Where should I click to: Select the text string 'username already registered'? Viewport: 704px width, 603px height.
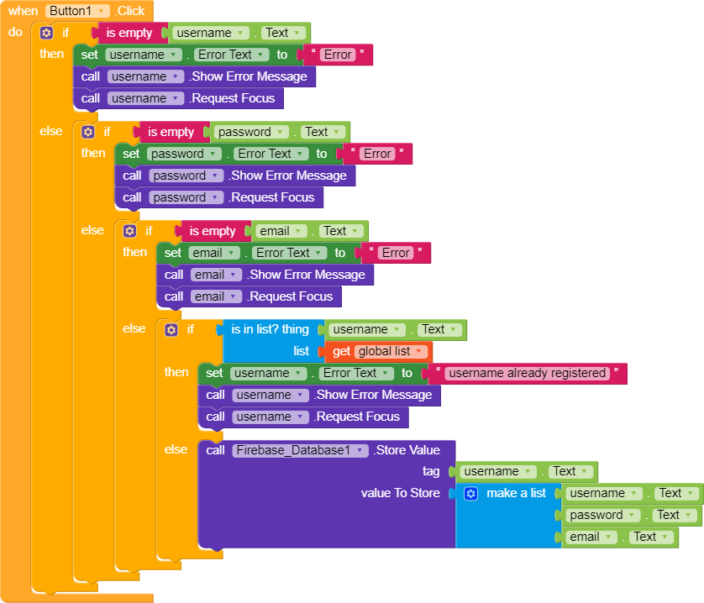pyautogui.click(x=527, y=373)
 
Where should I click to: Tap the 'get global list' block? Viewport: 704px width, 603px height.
pyautogui.click(x=377, y=351)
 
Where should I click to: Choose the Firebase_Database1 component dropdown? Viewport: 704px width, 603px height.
pyautogui.click(x=300, y=450)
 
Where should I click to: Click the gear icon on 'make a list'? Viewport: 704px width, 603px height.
pyautogui.click(x=470, y=494)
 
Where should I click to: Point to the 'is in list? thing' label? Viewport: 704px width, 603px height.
pyautogui.click(x=270, y=329)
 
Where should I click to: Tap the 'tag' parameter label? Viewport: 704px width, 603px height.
pyautogui.click(x=431, y=472)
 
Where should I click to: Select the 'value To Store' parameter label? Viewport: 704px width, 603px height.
pyautogui.click(x=400, y=494)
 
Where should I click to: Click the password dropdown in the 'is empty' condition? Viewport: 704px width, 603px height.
pyautogui.click(x=251, y=132)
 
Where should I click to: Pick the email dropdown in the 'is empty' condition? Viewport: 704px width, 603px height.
pyautogui.click(x=280, y=231)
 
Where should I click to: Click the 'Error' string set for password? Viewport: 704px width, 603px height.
pyautogui.click(x=377, y=154)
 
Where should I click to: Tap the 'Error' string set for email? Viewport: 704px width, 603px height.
pyautogui.click(x=396, y=253)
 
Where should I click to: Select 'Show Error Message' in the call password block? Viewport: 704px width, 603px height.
pyautogui.click(x=288, y=176)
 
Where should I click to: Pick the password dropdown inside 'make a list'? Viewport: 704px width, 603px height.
pyautogui.click(x=602, y=516)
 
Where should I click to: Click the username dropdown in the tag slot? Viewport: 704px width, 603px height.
pyautogui.click(x=496, y=472)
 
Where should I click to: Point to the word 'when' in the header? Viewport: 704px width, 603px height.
pyautogui.click(x=23, y=11)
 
